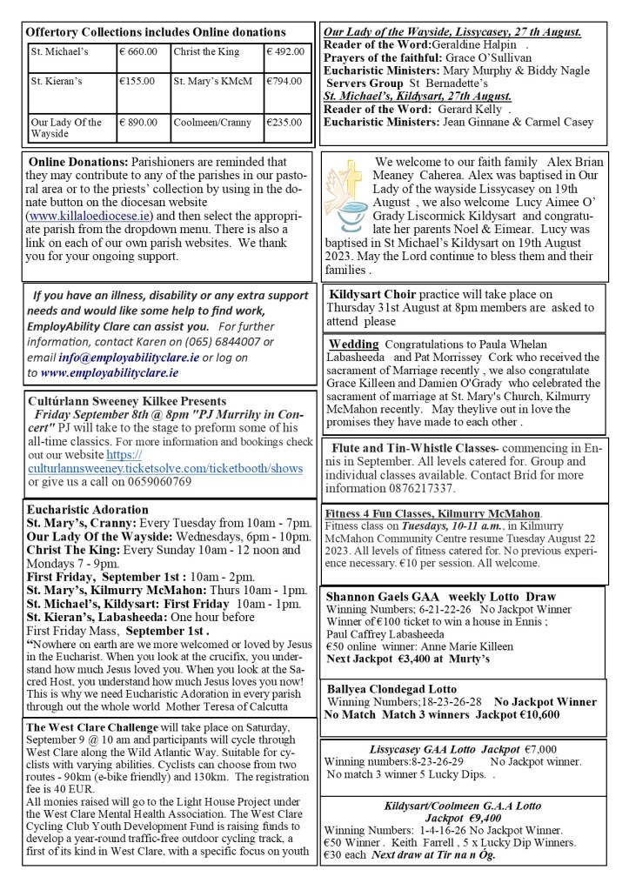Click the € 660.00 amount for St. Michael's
[138, 51]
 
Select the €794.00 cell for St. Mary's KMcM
[286, 82]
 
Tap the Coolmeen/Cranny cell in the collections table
[209, 123]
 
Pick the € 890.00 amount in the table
[139, 123]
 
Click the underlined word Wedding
[353, 344]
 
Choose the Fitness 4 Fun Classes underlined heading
[432, 512]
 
